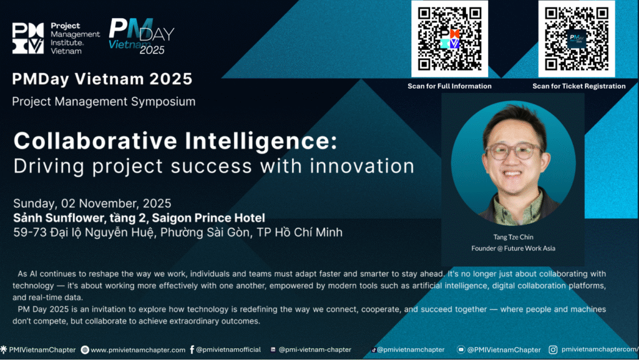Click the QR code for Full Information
[x=449, y=39]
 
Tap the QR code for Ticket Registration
[x=577, y=39]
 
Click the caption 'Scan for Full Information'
[x=449, y=86]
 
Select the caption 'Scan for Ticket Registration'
[x=578, y=86]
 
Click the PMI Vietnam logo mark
[x=27, y=38]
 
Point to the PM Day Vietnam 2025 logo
[x=142, y=37]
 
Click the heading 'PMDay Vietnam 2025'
[x=102, y=79]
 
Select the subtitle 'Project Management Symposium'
[x=104, y=102]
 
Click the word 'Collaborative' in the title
[x=95, y=141]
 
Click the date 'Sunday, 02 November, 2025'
[x=92, y=203]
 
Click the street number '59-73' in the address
[x=30, y=232]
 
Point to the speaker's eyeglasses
[x=513, y=151]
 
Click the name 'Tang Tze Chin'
[x=513, y=237]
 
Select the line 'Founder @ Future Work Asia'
[x=513, y=248]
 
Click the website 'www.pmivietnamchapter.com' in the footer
[x=138, y=350]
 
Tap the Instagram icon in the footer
[x=553, y=349]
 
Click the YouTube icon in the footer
[x=461, y=349]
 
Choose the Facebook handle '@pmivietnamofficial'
[x=228, y=349]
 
